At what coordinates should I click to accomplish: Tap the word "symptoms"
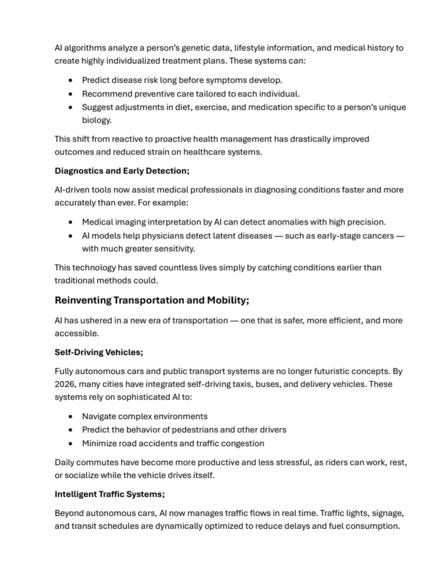point(233,80)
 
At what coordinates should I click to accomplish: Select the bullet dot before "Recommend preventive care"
point(70,94)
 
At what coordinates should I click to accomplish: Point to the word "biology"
point(96,120)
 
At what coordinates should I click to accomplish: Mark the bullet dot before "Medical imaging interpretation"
point(70,222)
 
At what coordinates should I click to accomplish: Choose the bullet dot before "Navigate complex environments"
point(70,417)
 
